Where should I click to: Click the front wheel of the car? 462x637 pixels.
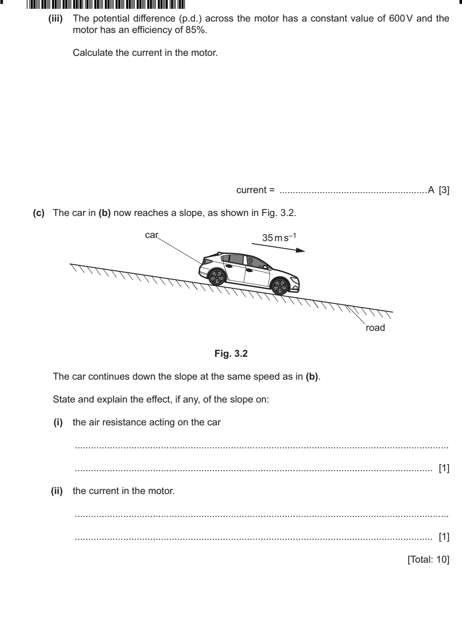coord(280,286)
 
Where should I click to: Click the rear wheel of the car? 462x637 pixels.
coord(217,277)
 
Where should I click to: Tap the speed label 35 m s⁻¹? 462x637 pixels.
coord(279,238)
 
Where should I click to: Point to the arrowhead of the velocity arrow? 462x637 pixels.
coord(301,250)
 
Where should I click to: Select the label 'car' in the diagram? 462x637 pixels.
coord(151,235)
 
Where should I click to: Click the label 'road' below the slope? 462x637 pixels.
coord(375,328)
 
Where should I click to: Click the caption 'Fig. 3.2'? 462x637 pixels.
coord(231,354)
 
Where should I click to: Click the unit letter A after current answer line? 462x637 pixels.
coord(431,190)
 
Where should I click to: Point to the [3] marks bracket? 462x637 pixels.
coord(444,190)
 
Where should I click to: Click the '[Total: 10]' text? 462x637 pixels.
coord(429,560)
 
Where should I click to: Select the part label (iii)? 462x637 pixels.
coord(55,19)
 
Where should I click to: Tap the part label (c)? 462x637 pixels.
coord(39,213)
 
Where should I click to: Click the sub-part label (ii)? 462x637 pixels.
coord(57,491)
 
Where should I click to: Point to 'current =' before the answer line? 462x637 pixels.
coord(256,190)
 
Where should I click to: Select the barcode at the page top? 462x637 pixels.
coord(106,4)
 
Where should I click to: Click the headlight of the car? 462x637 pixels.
coord(295,280)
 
